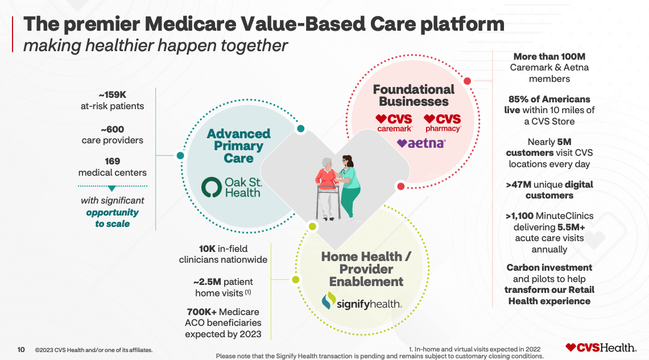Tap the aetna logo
click(x=421, y=143)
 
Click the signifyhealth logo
click(x=361, y=301)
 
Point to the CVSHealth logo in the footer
click(x=601, y=347)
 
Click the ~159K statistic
click(x=112, y=95)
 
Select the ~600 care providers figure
click(x=112, y=129)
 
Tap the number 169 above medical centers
click(x=112, y=162)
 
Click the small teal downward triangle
click(x=112, y=188)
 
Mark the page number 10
click(x=21, y=350)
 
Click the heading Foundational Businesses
click(x=414, y=96)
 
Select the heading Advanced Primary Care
click(x=238, y=146)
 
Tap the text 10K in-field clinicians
click(x=223, y=254)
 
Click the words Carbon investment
click(x=549, y=267)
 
